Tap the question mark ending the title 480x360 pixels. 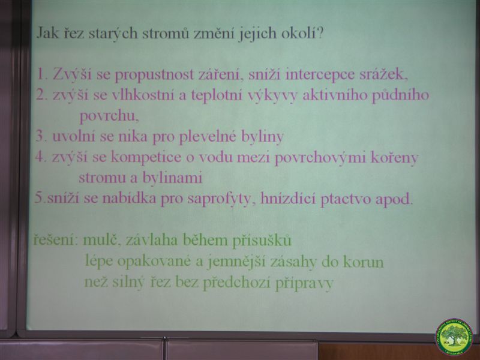click(x=320, y=33)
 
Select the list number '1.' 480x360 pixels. click(x=43, y=74)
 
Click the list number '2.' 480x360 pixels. click(x=42, y=95)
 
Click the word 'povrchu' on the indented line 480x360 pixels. click(x=109, y=116)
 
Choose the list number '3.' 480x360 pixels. click(x=41, y=136)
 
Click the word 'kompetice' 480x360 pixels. click(x=146, y=158)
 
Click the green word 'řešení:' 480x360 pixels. click(x=53, y=239)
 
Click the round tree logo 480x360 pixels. click(x=454, y=337)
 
